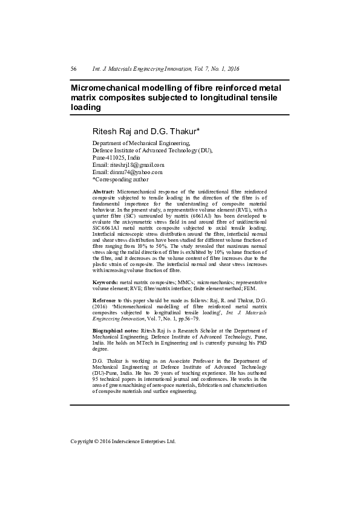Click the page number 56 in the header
pos(73,69)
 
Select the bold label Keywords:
pos(105,282)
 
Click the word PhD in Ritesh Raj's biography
pos(260,343)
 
